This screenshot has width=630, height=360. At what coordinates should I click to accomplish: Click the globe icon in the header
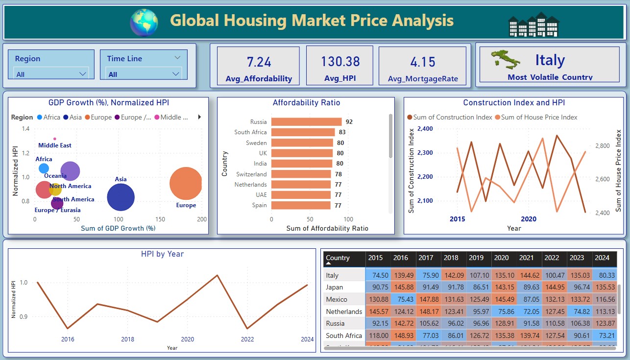tap(144, 22)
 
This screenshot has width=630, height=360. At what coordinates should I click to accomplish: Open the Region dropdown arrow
tap(82, 74)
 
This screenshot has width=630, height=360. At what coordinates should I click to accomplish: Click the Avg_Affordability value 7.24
tap(259, 62)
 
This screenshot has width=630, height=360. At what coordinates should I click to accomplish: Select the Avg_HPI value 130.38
tap(340, 62)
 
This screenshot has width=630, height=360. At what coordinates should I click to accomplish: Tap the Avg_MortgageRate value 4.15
tap(422, 62)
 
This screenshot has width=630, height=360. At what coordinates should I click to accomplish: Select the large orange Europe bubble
tap(186, 184)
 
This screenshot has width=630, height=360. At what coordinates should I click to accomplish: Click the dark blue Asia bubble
tap(120, 197)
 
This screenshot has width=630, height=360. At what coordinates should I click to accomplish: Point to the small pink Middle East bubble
tap(54, 139)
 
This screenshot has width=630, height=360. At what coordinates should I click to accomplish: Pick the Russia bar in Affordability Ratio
tap(306, 122)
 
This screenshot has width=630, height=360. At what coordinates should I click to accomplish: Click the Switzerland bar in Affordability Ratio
tap(301, 174)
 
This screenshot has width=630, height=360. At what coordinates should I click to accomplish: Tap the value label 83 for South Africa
tap(342, 132)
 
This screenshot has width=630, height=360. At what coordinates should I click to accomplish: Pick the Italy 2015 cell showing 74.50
tap(378, 275)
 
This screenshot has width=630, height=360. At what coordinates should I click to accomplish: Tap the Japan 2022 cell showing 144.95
tap(555, 287)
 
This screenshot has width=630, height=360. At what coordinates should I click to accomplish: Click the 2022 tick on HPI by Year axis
tap(247, 339)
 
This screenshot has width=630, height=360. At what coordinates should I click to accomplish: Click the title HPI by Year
tap(162, 254)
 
